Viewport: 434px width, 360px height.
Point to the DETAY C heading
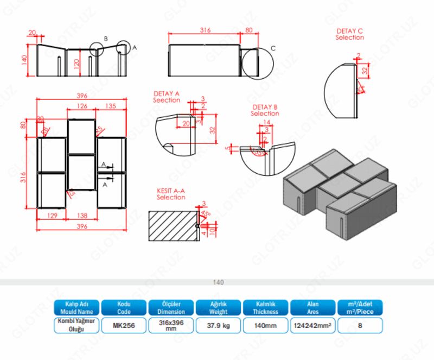click(x=350, y=34)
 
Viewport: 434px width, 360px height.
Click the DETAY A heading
click(x=166, y=97)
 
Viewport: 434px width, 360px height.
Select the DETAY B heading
click(x=265, y=110)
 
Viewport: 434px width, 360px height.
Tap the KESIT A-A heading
click(x=171, y=194)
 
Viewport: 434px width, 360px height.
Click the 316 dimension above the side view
click(x=205, y=30)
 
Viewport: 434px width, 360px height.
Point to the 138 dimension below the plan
click(x=82, y=216)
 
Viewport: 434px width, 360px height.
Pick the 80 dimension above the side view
click(x=249, y=30)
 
